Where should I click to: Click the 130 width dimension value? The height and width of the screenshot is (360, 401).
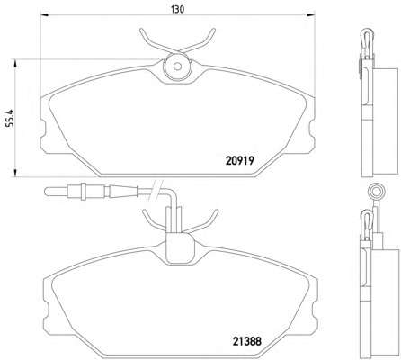[x=177, y=10]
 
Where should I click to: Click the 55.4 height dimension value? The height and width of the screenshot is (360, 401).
[x=10, y=118]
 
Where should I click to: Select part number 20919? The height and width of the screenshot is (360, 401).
[x=240, y=161]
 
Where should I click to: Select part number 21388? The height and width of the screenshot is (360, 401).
[x=247, y=341]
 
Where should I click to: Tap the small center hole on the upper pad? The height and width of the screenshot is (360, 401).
[x=178, y=67]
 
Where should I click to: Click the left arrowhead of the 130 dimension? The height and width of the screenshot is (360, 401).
[x=44, y=14]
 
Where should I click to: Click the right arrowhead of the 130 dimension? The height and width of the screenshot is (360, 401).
[x=311, y=14]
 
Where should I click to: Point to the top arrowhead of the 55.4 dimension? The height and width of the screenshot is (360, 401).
[x=15, y=63]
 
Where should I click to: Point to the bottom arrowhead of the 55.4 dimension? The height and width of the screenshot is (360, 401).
[x=15, y=173]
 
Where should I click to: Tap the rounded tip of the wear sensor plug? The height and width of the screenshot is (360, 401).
[x=46, y=192]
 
